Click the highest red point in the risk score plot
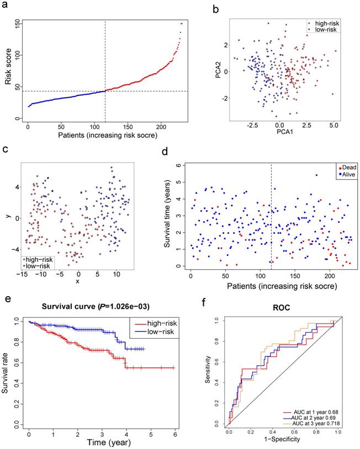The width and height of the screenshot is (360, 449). [182, 24]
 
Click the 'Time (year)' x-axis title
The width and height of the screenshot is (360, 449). [103, 442]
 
